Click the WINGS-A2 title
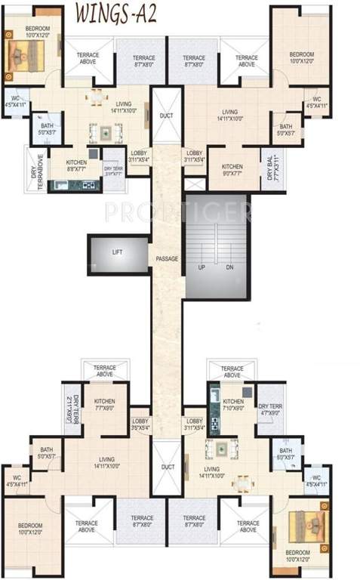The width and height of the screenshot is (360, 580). pyautogui.click(x=118, y=15)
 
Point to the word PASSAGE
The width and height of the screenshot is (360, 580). pyautogui.click(x=167, y=259)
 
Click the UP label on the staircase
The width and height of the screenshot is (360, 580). pyautogui.click(x=202, y=268)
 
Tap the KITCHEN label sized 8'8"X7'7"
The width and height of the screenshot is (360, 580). pyautogui.click(x=75, y=165)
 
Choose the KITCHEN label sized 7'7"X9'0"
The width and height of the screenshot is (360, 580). pyautogui.click(x=103, y=404)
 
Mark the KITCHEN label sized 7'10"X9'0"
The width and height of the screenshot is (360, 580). pyautogui.click(x=232, y=404)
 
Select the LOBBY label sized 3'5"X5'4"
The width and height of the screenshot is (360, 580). pyautogui.click(x=140, y=424)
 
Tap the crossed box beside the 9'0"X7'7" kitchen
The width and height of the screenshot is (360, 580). pyautogui.click(x=194, y=184)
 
